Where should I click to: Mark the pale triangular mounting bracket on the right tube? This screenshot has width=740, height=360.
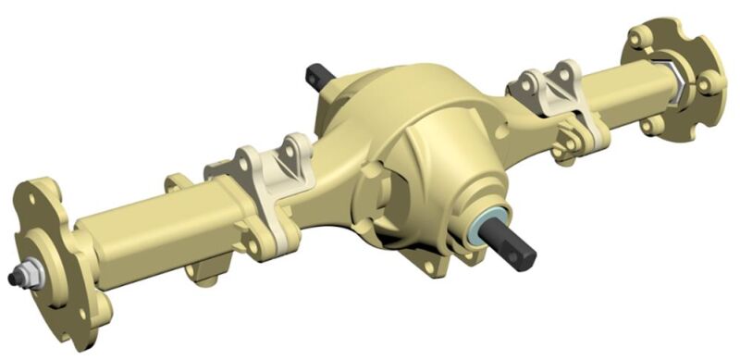click(555, 93)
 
